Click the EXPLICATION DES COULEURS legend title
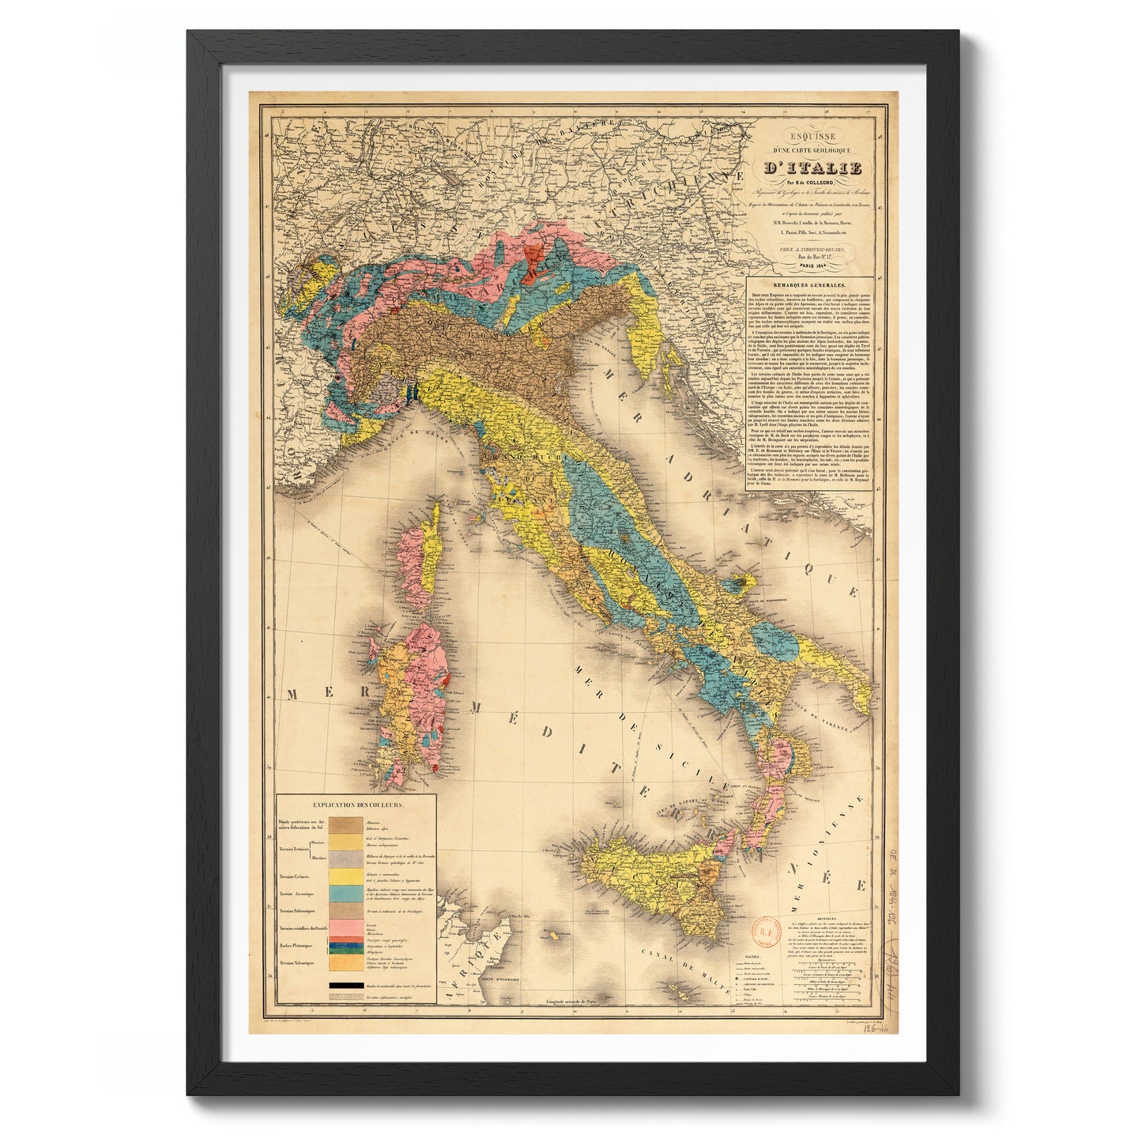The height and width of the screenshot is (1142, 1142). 357,805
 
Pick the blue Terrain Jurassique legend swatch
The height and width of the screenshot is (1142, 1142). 346,894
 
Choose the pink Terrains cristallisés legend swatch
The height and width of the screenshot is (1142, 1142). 346,926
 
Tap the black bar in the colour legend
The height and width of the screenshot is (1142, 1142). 346,986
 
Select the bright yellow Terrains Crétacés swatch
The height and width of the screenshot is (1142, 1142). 346,876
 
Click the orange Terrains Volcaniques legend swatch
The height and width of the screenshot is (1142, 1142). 346,963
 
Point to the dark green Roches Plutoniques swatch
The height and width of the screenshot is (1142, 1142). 346,945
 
